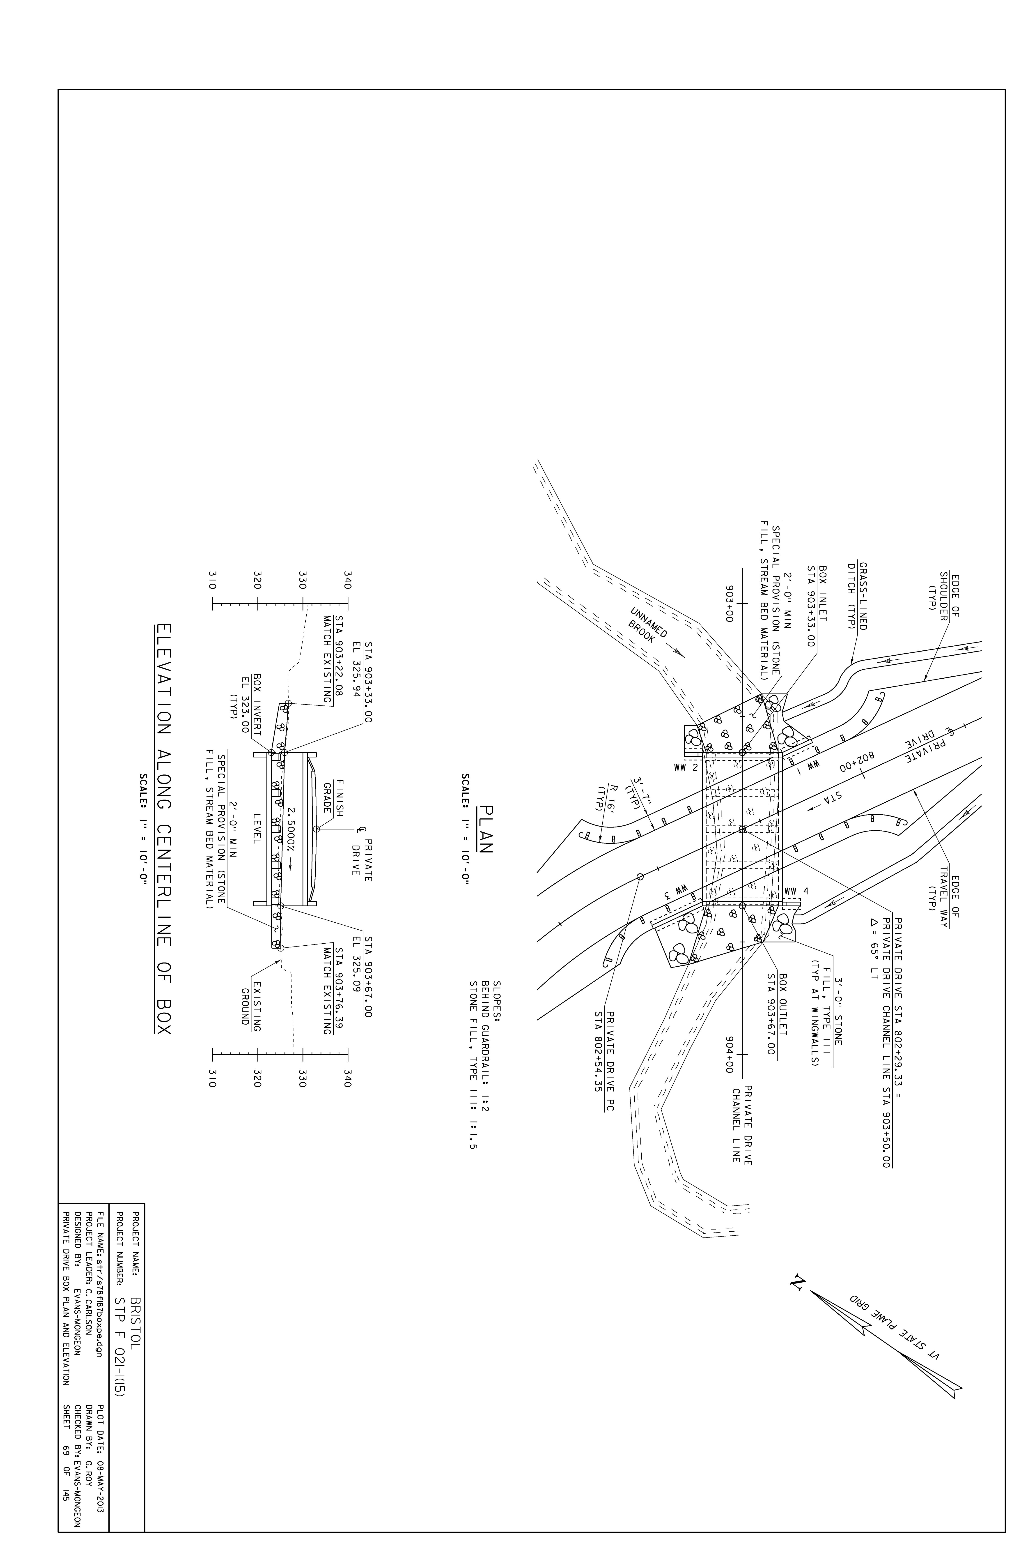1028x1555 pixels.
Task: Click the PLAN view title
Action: [486, 828]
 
